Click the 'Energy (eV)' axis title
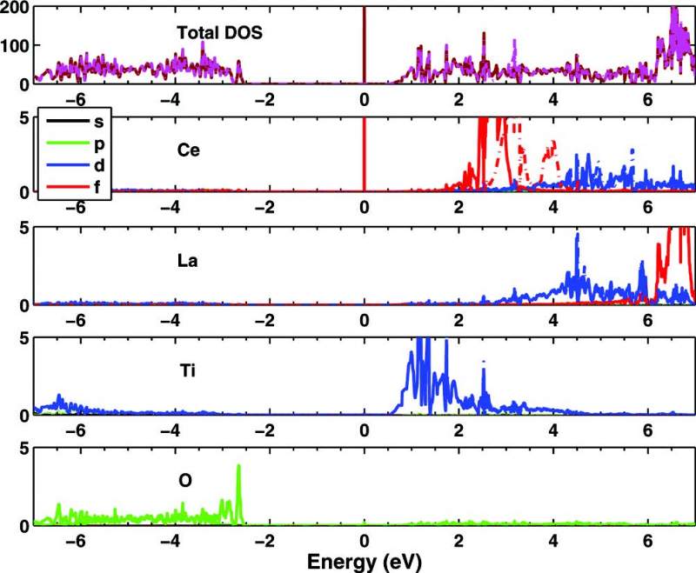364,561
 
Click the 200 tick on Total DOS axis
16,7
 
